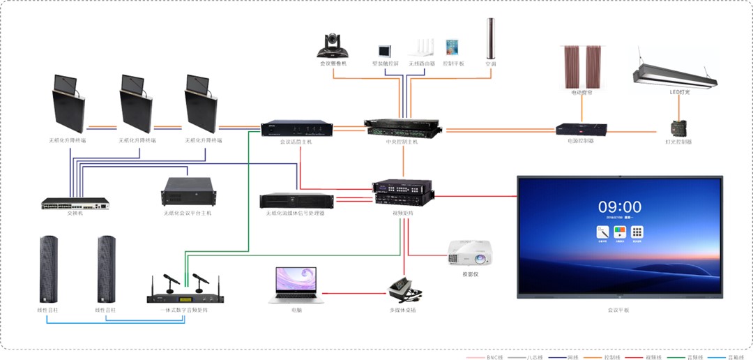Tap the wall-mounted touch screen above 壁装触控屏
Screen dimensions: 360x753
pyautogui.click(x=384, y=51)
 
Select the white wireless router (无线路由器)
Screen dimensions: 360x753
pyautogui.click(x=418, y=47)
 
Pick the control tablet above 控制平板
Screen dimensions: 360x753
pyautogui.click(x=453, y=47)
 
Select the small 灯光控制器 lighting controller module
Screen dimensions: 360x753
pyautogui.click(x=678, y=129)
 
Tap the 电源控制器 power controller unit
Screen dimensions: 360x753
pyautogui.click(x=581, y=129)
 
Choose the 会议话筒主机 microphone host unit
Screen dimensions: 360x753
pyautogui.click(x=296, y=129)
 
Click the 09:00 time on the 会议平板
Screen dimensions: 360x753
pyautogui.click(x=619, y=207)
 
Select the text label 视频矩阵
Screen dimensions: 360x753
pyautogui.click(x=402, y=213)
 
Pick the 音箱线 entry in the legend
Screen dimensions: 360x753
pyautogui.click(x=735, y=357)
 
